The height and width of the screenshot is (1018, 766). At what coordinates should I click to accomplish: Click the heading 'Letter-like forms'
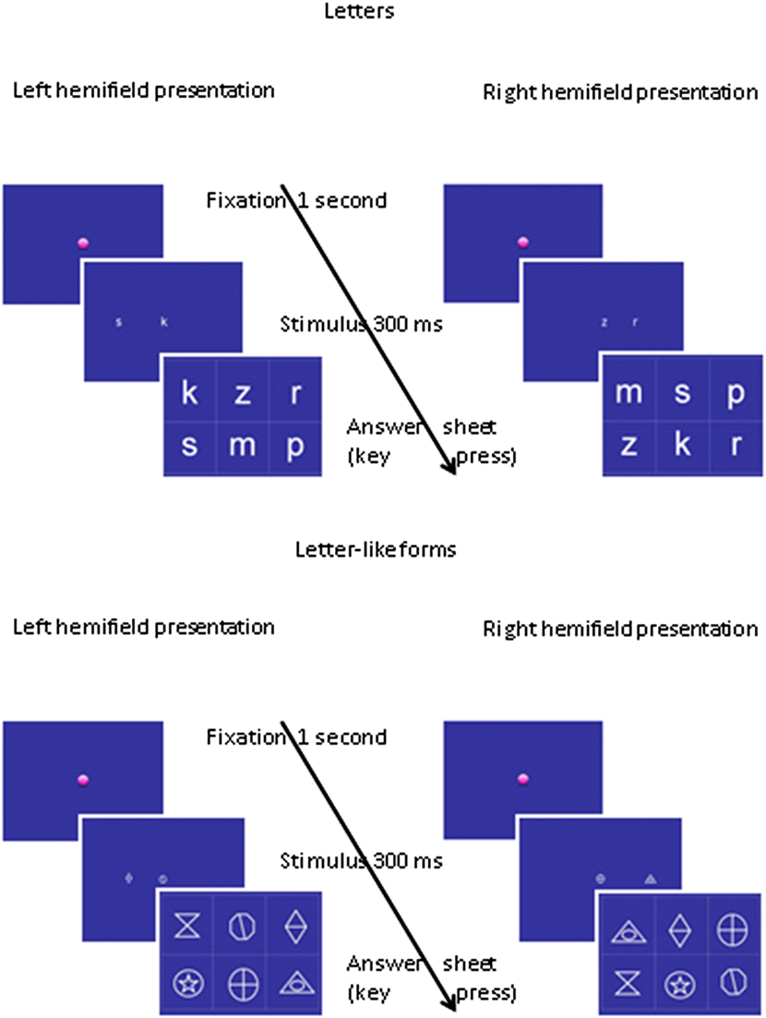point(376,550)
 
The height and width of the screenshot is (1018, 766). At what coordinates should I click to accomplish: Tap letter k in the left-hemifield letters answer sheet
point(189,394)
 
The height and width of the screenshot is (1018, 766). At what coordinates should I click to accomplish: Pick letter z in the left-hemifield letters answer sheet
point(242,394)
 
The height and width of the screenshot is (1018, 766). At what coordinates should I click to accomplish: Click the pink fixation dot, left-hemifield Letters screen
point(83,243)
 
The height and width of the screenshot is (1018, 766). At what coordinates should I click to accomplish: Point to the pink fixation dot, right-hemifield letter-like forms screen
point(523,780)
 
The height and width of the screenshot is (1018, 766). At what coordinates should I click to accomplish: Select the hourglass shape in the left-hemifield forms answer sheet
point(188,927)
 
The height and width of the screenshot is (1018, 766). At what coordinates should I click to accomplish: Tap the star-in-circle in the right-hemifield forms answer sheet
point(680,986)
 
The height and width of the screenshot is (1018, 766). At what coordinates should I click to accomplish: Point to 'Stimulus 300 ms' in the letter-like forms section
point(361,861)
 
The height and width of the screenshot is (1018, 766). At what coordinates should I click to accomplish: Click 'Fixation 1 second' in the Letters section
point(295,200)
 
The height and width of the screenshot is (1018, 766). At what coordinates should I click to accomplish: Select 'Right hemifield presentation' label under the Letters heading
point(620,92)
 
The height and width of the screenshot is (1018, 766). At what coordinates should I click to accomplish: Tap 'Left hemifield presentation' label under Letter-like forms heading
point(144,628)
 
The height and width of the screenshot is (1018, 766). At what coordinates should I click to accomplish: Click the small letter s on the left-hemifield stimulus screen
point(117,322)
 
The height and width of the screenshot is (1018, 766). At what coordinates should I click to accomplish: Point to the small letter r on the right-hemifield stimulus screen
point(634,322)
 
